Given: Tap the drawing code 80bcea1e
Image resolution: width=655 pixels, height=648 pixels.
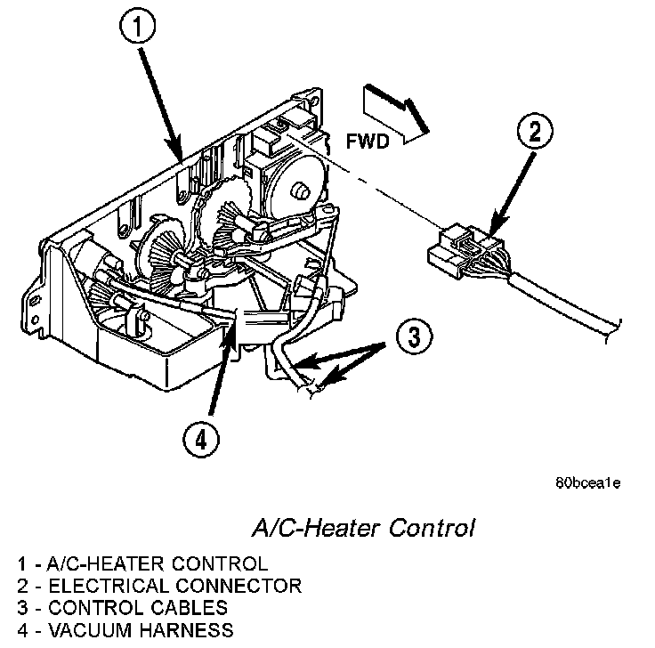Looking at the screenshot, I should click(586, 484).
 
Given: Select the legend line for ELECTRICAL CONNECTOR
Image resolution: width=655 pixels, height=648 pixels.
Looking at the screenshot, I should click(158, 586).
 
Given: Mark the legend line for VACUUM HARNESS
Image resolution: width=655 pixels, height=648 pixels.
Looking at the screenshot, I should click(125, 631).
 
